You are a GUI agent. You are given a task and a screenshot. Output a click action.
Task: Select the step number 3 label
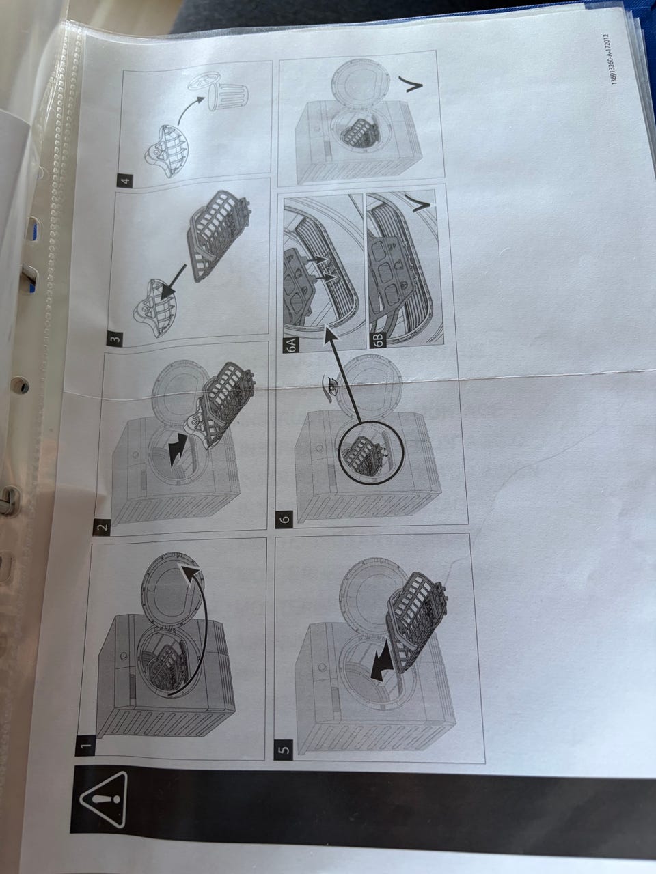tap(114, 339)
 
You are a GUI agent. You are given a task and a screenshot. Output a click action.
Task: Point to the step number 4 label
tap(126, 181)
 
